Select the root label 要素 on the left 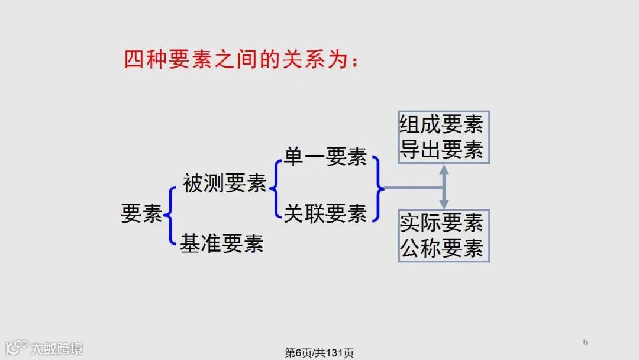141,214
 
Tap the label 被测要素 225,184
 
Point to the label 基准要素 222,243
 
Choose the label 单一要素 325,156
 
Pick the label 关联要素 325,213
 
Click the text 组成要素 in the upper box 442,125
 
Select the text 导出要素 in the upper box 442,149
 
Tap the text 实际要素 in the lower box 442,223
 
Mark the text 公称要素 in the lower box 442,248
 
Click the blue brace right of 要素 170,215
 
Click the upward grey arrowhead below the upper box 444,170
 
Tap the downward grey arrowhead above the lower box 444,204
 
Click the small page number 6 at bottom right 585,342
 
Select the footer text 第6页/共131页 319,353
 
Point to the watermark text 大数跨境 57,348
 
